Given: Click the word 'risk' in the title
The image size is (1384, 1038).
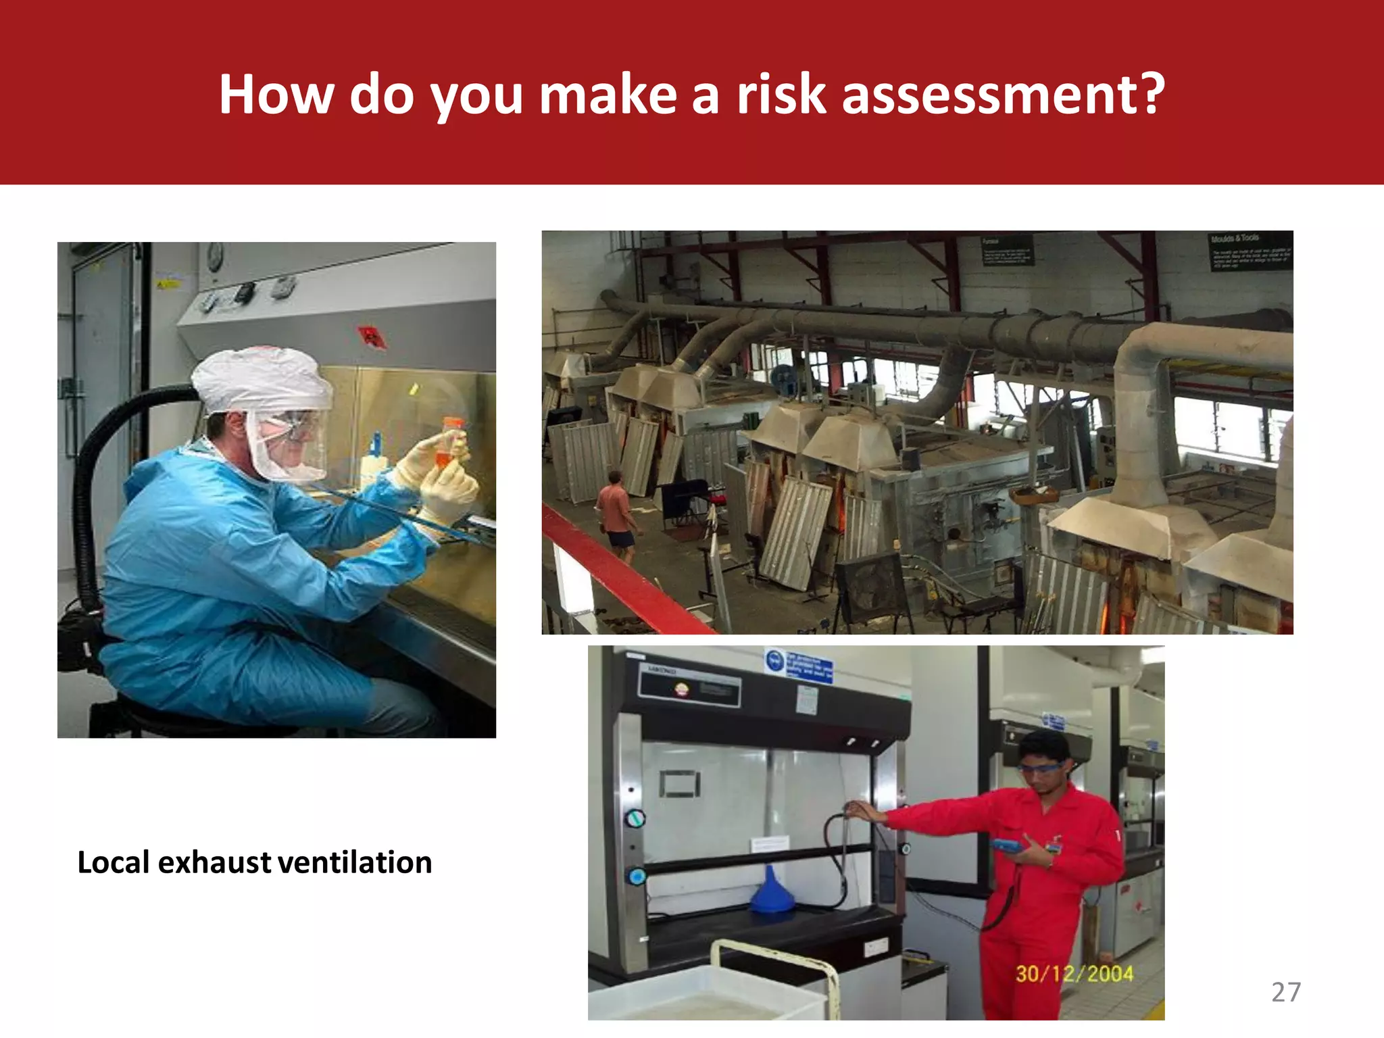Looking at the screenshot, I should (781, 95).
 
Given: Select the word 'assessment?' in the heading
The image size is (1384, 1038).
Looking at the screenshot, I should (1004, 95).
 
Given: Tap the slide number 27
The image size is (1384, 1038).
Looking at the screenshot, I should (1285, 992).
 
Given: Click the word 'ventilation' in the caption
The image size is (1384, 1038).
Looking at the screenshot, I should (355, 863).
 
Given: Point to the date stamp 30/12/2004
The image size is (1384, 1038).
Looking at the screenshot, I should (1074, 974).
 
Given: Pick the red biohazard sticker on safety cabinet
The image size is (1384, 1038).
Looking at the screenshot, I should (371, 336).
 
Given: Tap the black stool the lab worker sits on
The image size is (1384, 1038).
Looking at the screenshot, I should (169, 716).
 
